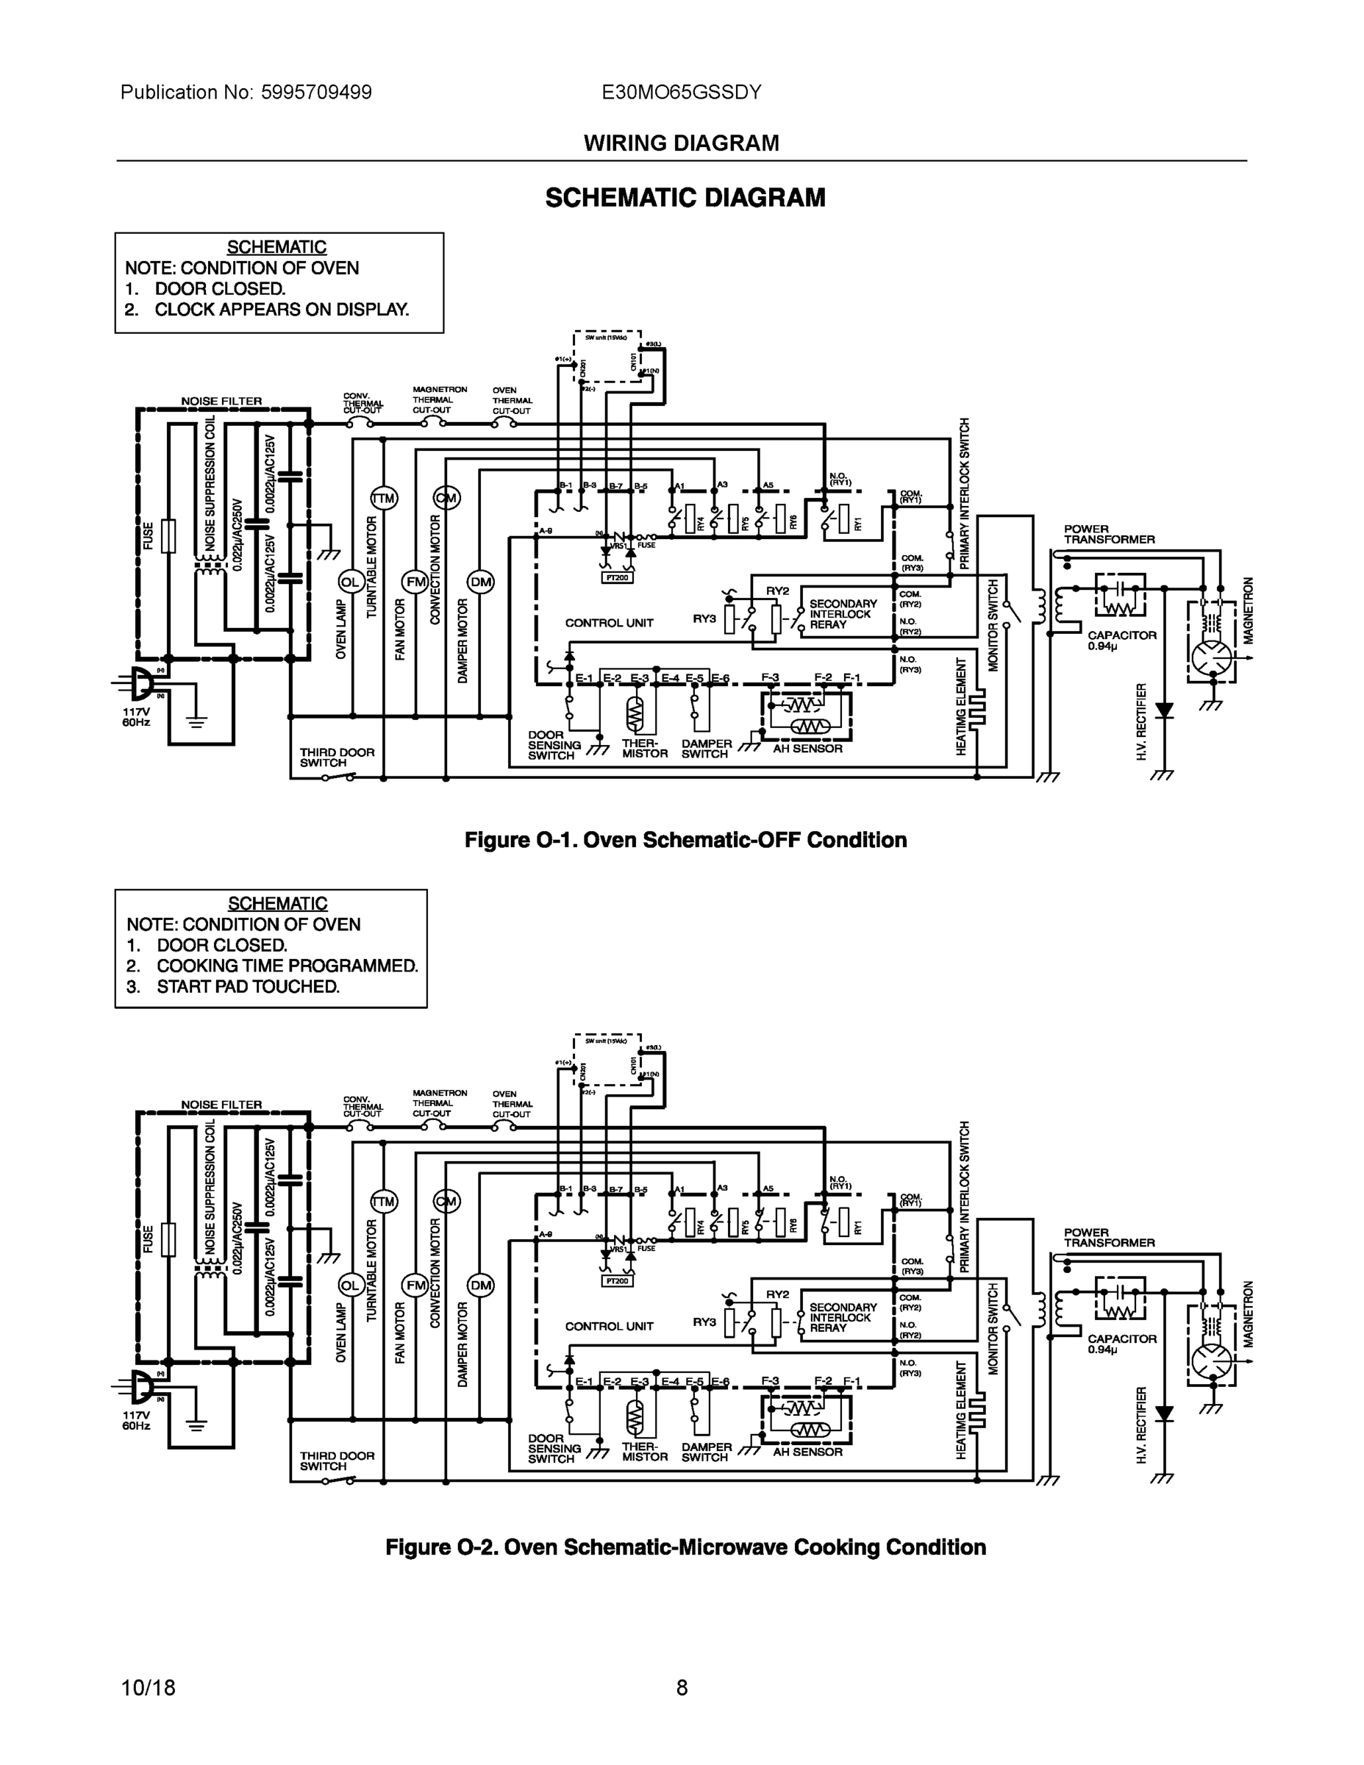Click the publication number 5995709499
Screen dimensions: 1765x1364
[316, 92]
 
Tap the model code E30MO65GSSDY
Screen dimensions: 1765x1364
[681, 92]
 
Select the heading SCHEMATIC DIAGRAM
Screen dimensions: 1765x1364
[685, 198]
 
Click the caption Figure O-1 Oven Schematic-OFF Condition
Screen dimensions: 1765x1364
[685, 840]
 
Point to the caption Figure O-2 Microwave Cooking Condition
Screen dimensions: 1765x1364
[685, 1547]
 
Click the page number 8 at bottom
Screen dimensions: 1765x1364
[682, 1688]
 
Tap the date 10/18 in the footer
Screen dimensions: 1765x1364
[148, 1688]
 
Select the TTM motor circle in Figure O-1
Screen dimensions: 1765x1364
[383, 499]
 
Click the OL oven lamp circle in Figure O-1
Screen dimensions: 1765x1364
[350, 582]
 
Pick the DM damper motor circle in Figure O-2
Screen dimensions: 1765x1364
[481, 1285]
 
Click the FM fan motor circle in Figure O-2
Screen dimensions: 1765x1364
[415, 1285]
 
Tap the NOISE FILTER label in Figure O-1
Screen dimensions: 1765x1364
[221, 401]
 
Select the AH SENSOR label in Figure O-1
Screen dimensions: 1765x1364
[807, 749]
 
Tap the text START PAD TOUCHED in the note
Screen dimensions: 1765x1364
[247, 987]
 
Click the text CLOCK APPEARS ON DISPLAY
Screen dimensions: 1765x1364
[281, 310]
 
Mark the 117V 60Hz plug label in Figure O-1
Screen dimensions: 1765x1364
[136, 717]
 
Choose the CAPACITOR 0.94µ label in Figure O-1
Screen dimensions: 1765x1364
[1121, 640]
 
